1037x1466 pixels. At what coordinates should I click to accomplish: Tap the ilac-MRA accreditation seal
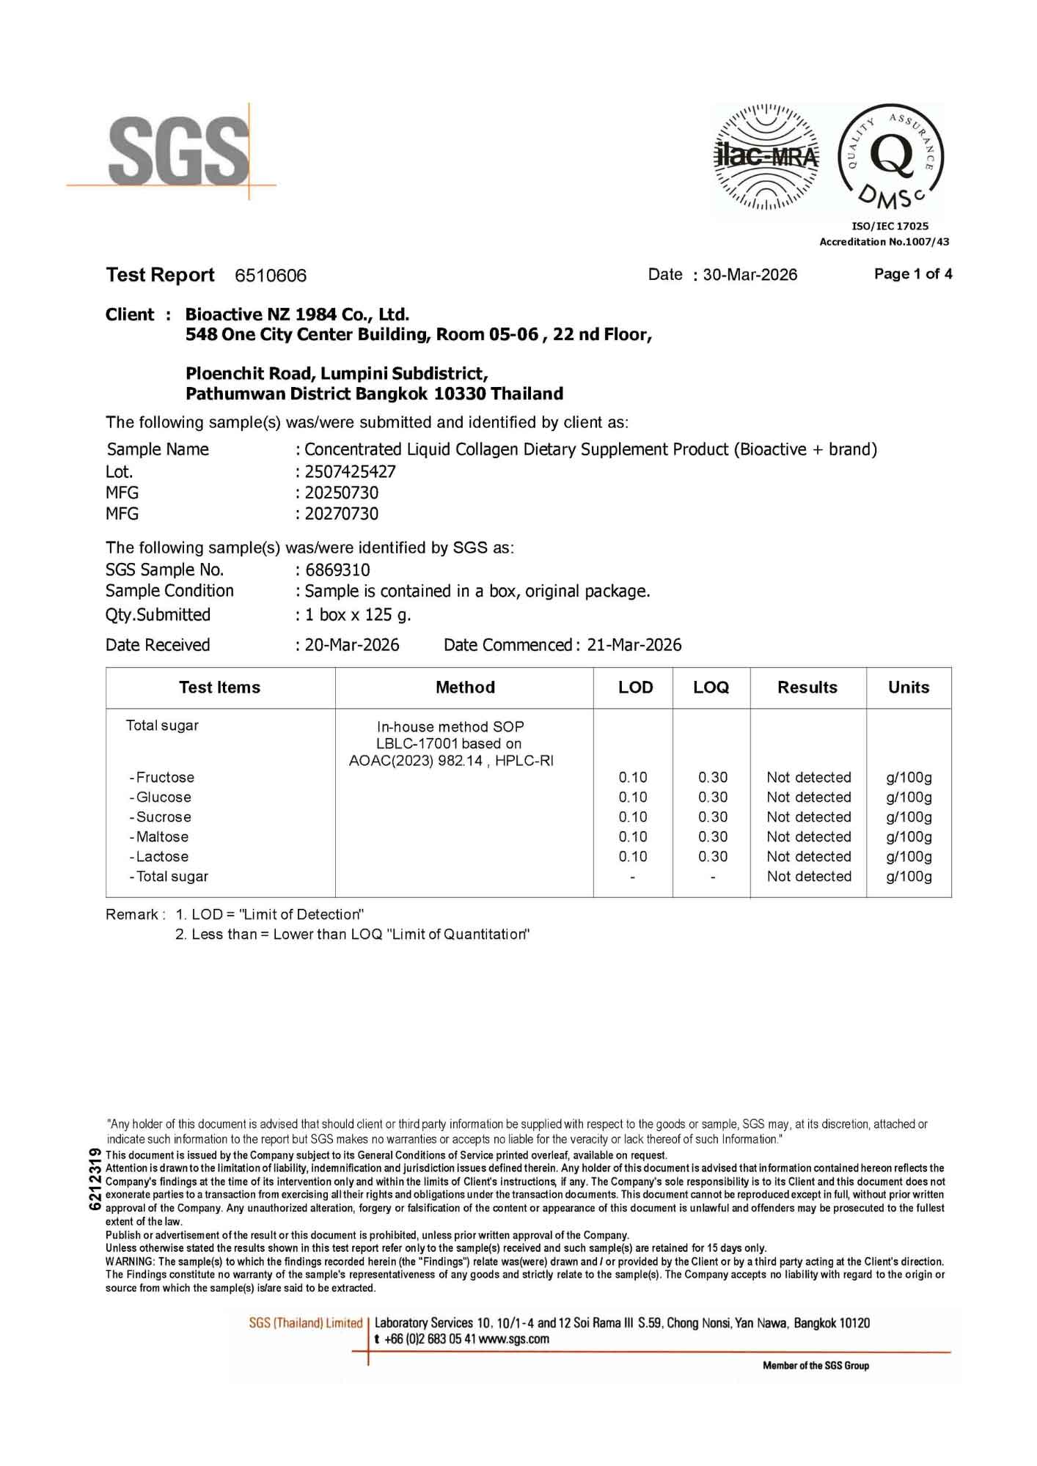(x=767, y=157)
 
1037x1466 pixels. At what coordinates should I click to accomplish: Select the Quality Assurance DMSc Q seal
(x=891, y=157)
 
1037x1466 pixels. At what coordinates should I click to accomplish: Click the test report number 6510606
(x=271, y=276)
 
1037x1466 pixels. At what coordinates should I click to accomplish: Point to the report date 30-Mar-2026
(x=750, y=275)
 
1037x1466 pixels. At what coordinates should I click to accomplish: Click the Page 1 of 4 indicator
(x=913, y=274)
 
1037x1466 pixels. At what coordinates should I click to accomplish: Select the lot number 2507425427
(x=350, y=471)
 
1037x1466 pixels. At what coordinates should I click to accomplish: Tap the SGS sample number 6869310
(x=337, y=570)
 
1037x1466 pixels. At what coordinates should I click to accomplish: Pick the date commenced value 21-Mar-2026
(x=634, y=645)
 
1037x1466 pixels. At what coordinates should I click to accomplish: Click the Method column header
(x=465, y=688)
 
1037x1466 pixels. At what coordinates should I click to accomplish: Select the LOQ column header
(x=711, y=688)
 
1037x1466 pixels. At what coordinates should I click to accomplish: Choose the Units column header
(x=909, y=688)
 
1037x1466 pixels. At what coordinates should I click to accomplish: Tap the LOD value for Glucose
(x=633, y=797)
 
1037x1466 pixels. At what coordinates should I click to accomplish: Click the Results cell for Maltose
(x=809, y=836)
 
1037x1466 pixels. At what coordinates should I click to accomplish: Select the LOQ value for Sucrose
(x=713, y=817)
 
